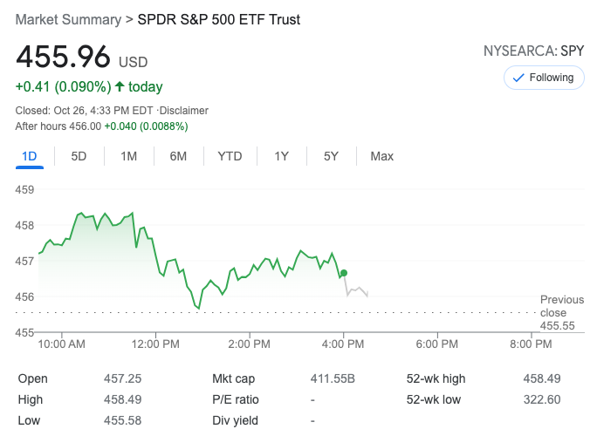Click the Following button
click(x=544, y=78)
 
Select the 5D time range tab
click(x=79, y=156)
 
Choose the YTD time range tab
click(x=230, y=156)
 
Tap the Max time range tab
click(x=381, y=156)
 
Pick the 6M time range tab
click(x=178, y=156)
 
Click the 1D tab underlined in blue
click(x=29, y=156)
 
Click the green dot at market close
click(x=344, y=273)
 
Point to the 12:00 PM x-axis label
click(x=156, y=344)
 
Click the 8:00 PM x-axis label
click(x=531, y=344)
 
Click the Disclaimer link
click(x=184, y=111)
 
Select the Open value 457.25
click(x=122, y=378)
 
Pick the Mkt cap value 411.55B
click(x=333, y=378)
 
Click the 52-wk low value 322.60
click(x=542, y=399)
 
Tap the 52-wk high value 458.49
click(x=542, y=378)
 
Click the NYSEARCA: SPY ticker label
click(x=533, y=51)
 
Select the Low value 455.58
click(x=122, y=420)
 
